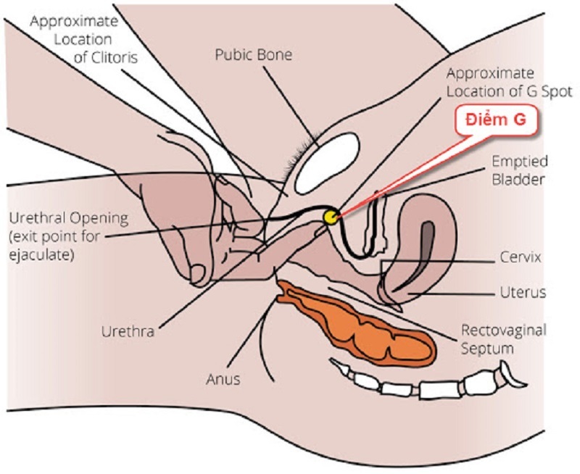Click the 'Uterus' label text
(523, 293)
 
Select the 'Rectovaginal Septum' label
(503, 339)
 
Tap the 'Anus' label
(223, 378)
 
